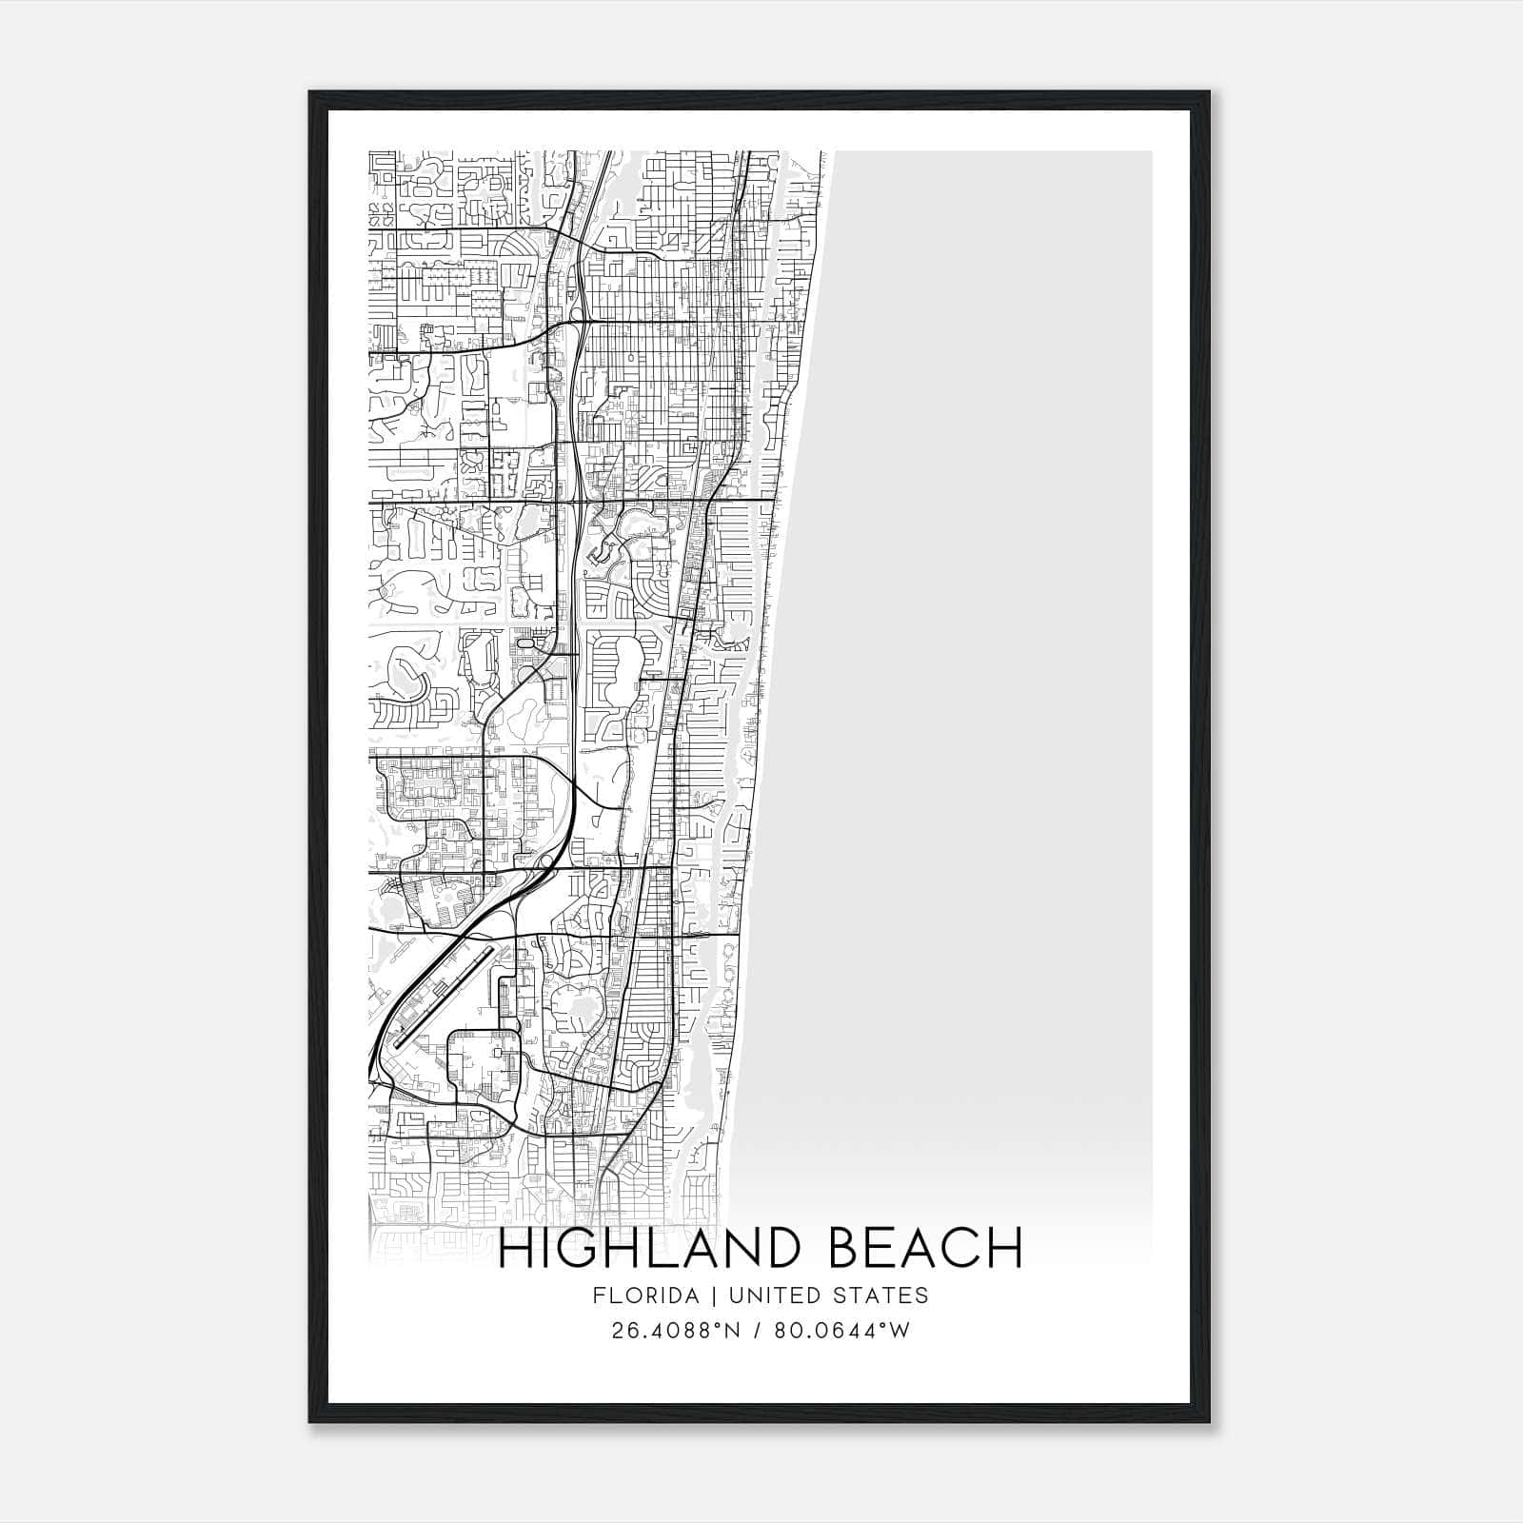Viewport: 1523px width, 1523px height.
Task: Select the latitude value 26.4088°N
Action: pyautogui.click(x=675, y=1330)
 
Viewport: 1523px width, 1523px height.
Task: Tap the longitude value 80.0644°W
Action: pyautogui.click(x=842, y=1330)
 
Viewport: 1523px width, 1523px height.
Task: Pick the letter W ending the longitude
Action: pyautogui.click(x=900, y=1330)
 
